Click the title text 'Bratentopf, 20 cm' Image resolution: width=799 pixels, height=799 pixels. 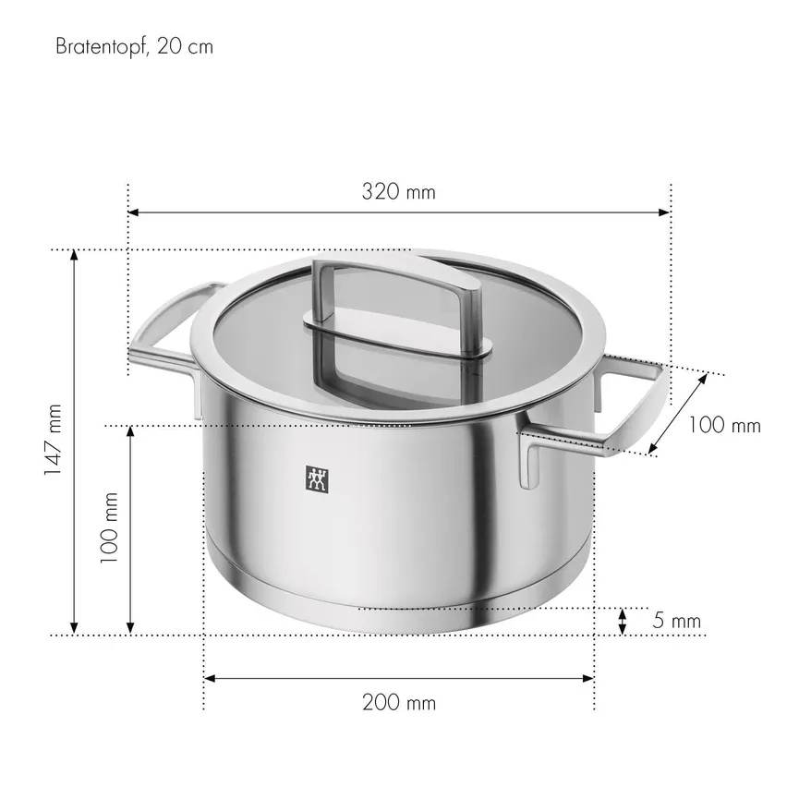click(x=134, y=46)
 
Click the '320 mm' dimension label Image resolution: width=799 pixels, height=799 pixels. click(x=398, y=192)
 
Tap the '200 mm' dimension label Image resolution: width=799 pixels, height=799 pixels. click(x=398, y=703)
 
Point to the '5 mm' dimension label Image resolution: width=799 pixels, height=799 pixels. click(x=676, y=621)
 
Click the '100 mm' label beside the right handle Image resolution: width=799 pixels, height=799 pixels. click(x=725, y=426)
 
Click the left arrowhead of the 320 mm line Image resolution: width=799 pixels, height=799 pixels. click(x=133, y=212)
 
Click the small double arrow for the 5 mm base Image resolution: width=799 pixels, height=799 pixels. click(x=623, y=622)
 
